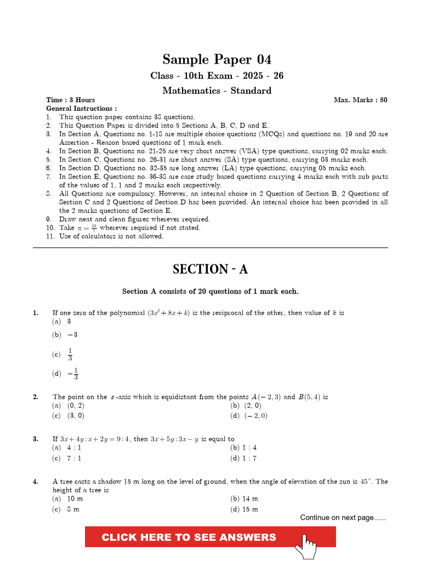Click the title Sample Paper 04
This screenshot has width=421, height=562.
pyautogui.click(x=217, y=59)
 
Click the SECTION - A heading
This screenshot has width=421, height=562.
pyautogui.click(x=210, y=269)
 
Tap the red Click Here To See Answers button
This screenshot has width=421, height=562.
pyautogui.click(x=189, y=537)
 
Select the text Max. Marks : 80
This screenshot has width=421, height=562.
pyautogui.click(x=360, y=100)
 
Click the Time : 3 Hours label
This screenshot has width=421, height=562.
pyautogui.click(x=71, y=100)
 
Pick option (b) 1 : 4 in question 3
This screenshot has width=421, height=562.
pyautogui.click(x=243, y=448)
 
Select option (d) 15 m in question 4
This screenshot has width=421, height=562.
pyautogui.click(x=244, y=509)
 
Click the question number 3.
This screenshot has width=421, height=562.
pyautogui.click(x=35, y=439)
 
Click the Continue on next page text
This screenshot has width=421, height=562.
pyautogui.click(x=343, y=518)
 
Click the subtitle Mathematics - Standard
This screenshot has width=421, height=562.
pyautogui.click(x=217, y=91)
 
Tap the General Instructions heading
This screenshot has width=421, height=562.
pyautogui.click(x=81, y=109)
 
